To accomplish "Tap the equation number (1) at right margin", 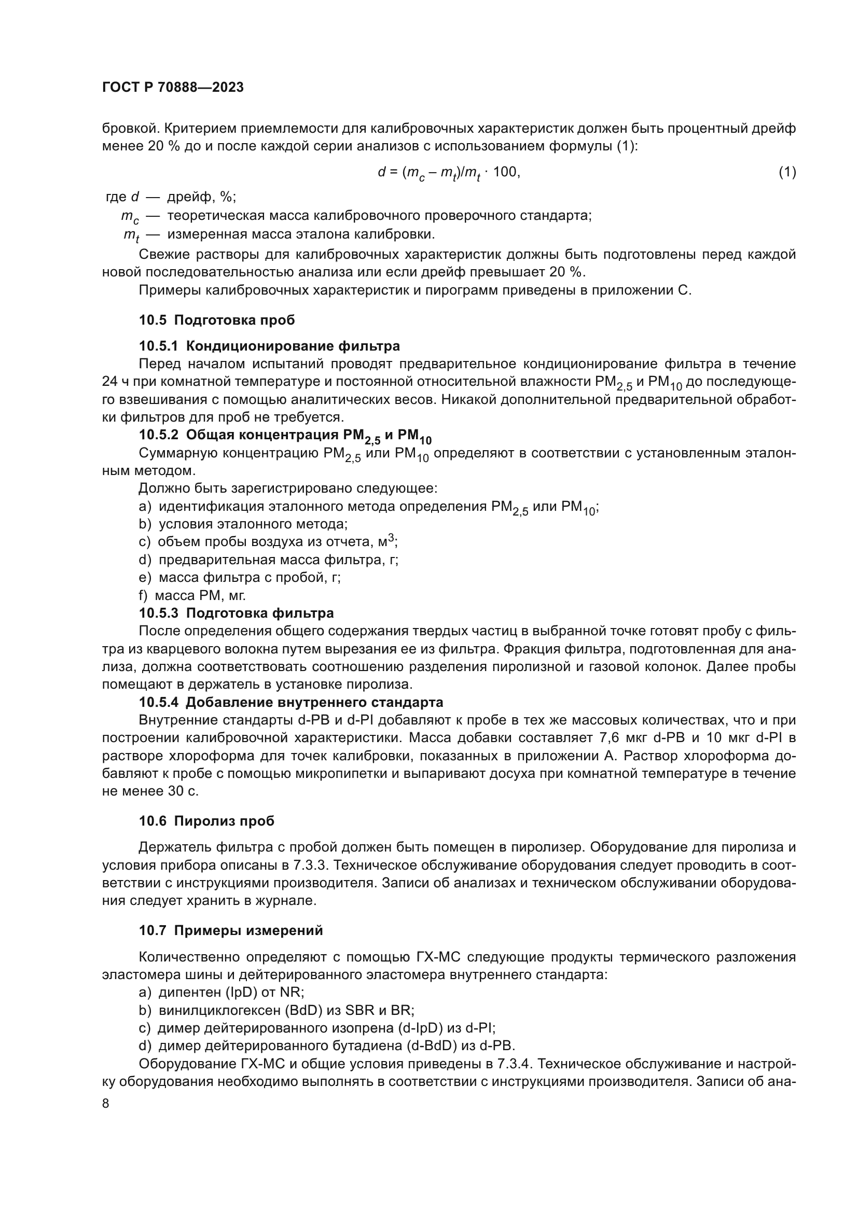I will pyautogui.click(x=787, y=172).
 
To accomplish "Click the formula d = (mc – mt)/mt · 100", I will pyautogui.click(x=449, y=172).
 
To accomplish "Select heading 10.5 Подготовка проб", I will pyautogui.click(x=217, y=320).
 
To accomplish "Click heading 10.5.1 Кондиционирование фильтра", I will pyautogui.click(x=269, y=346).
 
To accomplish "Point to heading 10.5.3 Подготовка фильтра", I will pyautogui.click(x=236, y=613).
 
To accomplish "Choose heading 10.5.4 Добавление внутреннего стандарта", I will pyautogui.click(x=290, y=702).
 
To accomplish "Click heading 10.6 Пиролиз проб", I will pyautogui.click(x=206, y=821).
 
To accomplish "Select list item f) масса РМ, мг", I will pyautogui.click(x=192, y=595).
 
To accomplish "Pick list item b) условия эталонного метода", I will pyautogui.click(x=243, y=524).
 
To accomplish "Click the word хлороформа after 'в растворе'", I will pyautogui.click(x=190, y=756).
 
